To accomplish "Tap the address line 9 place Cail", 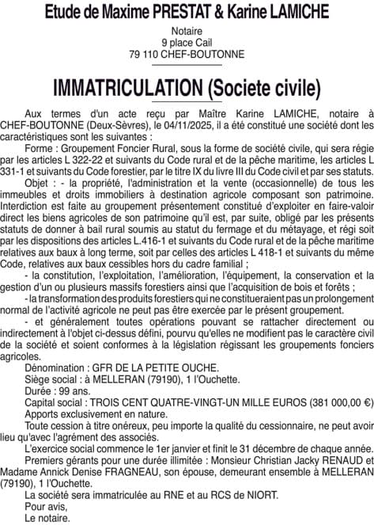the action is pos(187,42).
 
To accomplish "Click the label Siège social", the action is pos(55,379).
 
